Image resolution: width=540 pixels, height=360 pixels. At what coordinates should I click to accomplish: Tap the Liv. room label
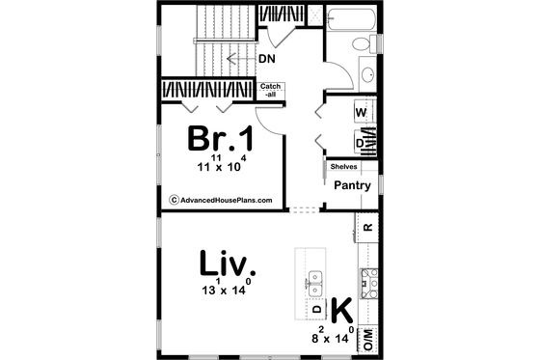pyautogui.click(x=227, y=263)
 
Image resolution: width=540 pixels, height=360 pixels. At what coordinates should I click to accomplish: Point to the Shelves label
pyautogui.click(x=343, y=166)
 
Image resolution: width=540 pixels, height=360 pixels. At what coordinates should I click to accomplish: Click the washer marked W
pyautogui.click(x=362, y=112)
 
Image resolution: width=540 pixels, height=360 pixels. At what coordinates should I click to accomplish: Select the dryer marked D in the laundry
pyautogui.click(x=361, y=143)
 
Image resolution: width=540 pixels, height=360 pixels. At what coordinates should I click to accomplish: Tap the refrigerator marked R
pyautogui.click(x=367, y=228)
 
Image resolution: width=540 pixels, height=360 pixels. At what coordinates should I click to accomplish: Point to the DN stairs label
pyautogui.click(x=269, y=59)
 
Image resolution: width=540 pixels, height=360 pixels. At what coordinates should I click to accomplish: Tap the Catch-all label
pyautogui.click(x=271, y=90)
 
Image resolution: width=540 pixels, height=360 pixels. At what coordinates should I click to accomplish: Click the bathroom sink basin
pyautogui.click(x=367, y=74)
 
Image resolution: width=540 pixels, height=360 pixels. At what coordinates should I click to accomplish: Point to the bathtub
pyautogui.click(x=349, y=17)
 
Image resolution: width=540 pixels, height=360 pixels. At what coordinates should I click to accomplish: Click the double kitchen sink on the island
pyautogui.click(x=315, y=282)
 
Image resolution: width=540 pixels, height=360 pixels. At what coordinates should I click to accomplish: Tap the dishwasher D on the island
pyautogui.click(x=316, y=309)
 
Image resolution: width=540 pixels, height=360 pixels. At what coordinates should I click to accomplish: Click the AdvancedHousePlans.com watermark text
pyautogui.click(x=221, y=201)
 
